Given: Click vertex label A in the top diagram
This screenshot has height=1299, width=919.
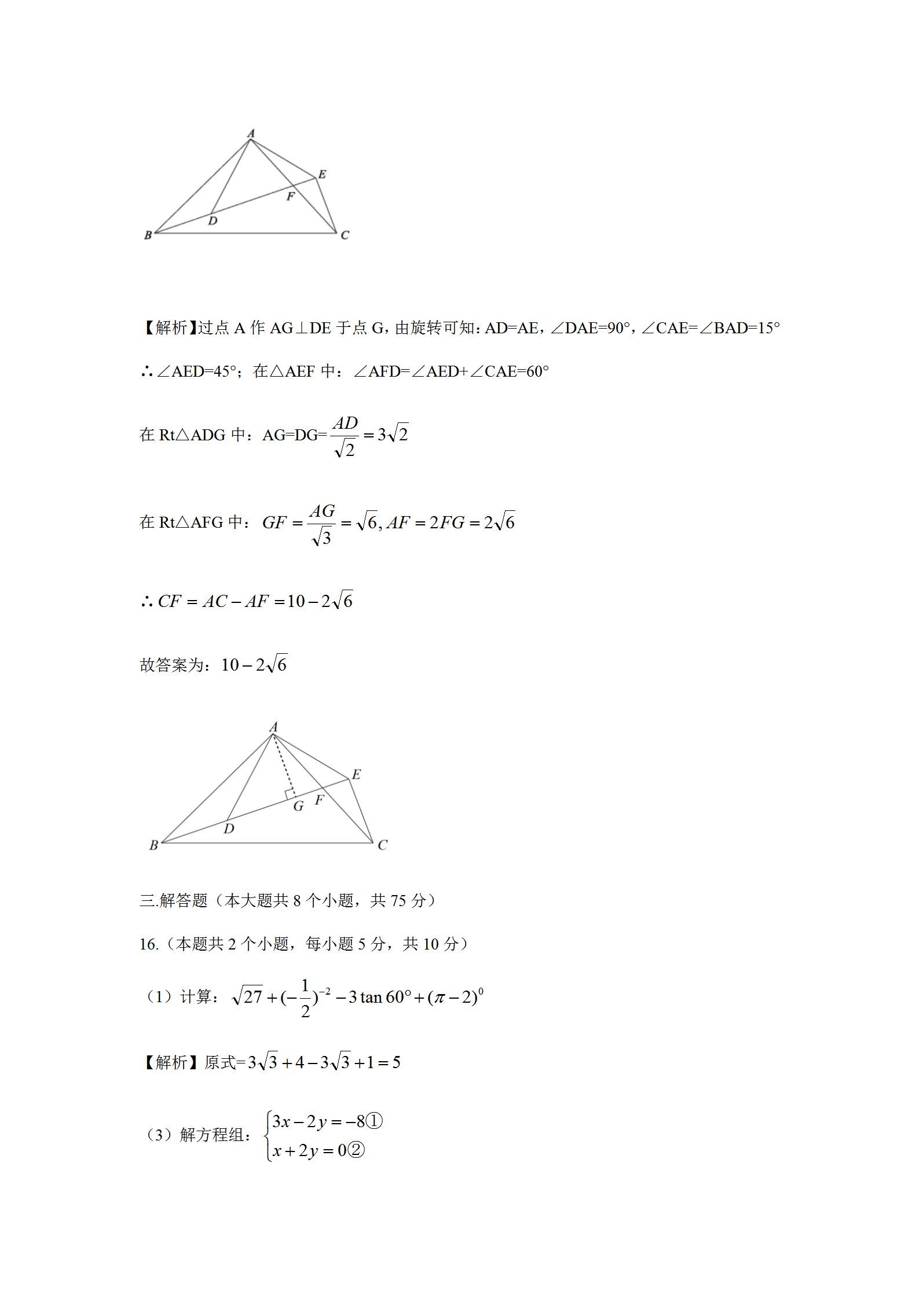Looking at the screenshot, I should click(251, 134).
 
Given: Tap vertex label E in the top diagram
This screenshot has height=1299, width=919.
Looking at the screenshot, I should click(322, 174).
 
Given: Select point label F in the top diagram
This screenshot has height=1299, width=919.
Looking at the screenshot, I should click(290, 197).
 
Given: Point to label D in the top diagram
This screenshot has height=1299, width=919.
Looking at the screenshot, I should click(213, 220).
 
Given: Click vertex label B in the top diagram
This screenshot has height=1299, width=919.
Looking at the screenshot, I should click(148, 235).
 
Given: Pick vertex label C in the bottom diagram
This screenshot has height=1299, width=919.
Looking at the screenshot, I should click(382, 845).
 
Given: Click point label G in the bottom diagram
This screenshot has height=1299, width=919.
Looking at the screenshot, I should click(298, 806).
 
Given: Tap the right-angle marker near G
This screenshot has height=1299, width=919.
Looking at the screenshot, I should click(291, 794).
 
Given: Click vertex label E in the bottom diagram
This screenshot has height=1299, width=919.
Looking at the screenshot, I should click(356, 774).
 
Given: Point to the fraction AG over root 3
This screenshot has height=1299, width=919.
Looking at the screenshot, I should click(322, 524).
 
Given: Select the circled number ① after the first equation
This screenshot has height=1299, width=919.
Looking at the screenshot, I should click(375, 1122).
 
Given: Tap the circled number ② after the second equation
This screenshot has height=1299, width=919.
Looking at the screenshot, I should click(357, 1150).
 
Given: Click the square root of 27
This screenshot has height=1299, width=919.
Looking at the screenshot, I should click(247, 996).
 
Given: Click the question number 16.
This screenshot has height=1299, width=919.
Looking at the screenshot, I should click(148, 944).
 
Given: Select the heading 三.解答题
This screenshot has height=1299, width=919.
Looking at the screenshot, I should click(173, 900).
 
